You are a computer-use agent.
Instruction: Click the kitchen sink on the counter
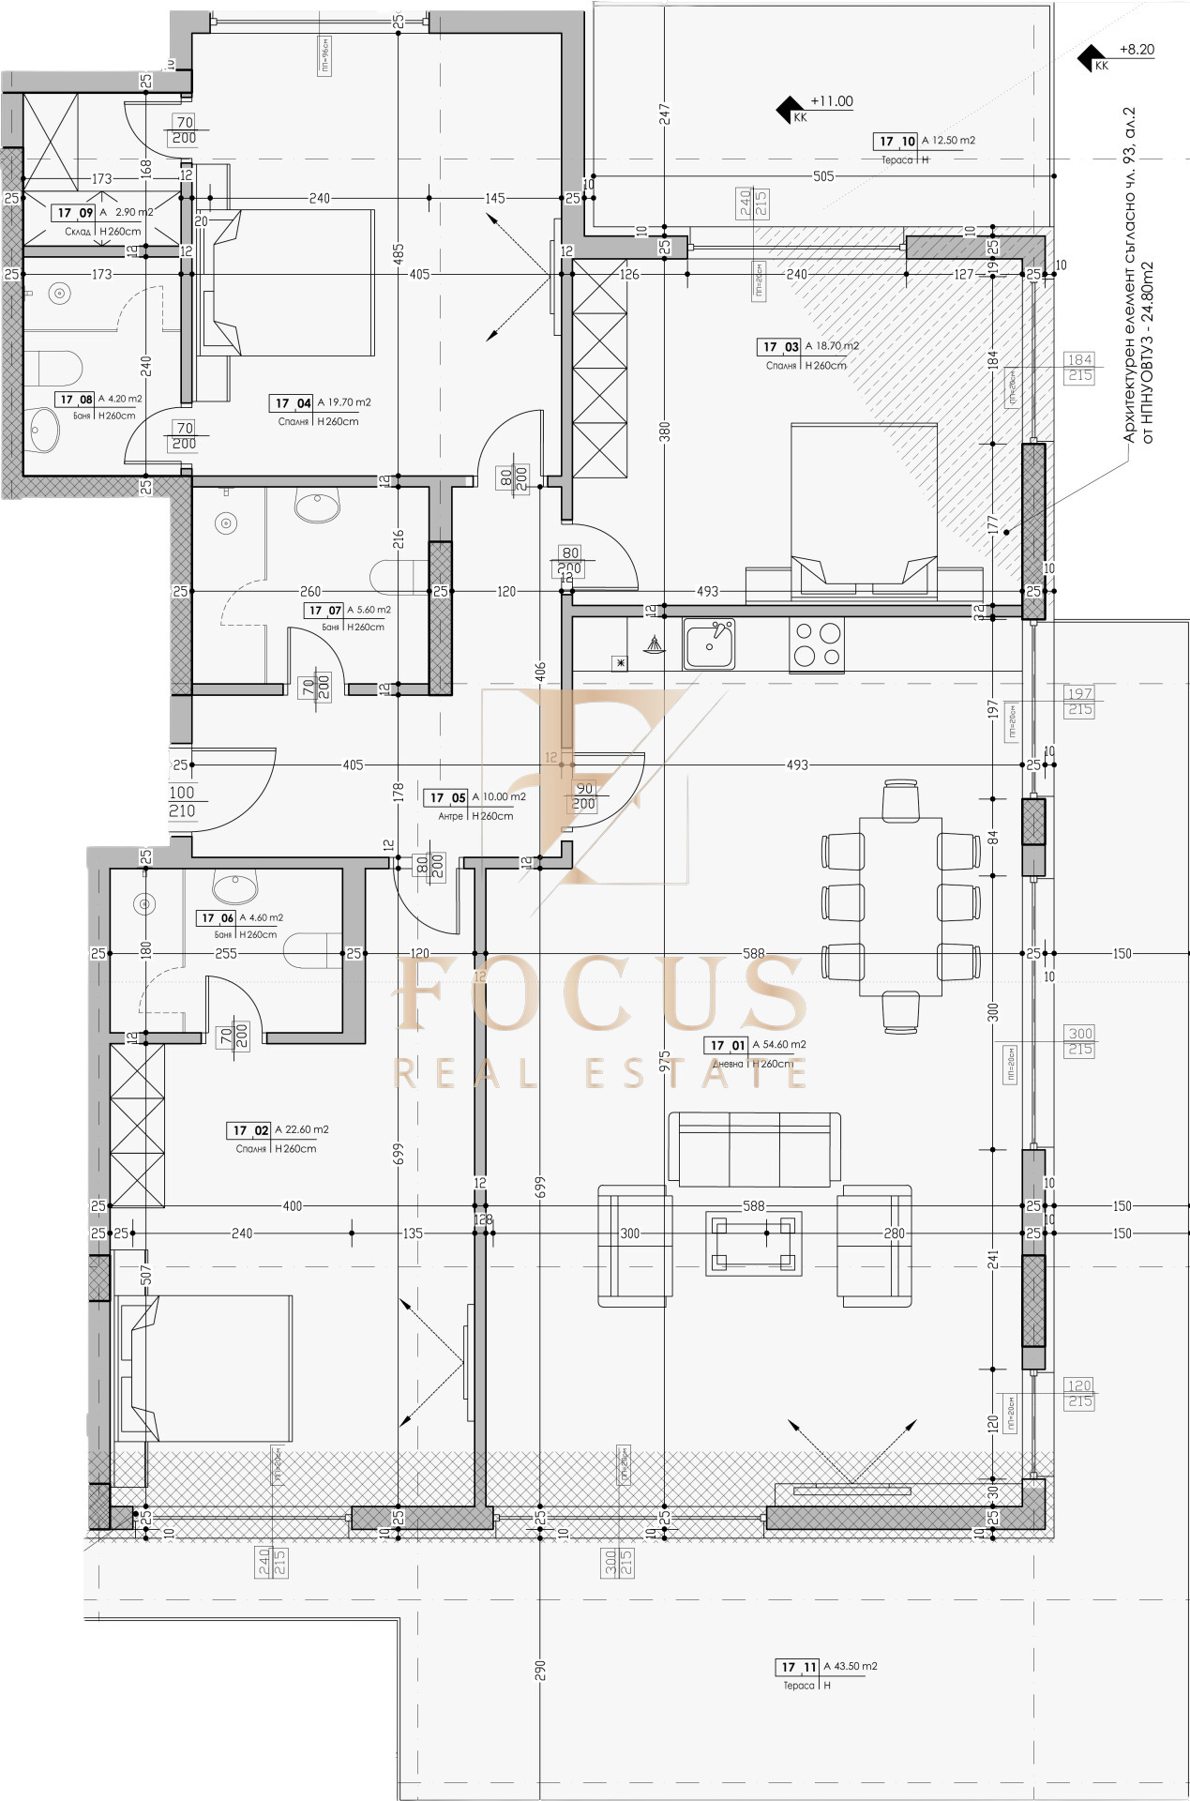[709, 643]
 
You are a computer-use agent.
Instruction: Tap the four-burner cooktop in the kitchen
[817, 644]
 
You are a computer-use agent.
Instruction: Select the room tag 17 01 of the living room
[728, 1045]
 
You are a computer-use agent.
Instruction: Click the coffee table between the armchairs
[754, 1244]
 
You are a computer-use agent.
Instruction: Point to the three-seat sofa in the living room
[754, 1149]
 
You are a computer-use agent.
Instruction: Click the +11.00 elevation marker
[831, 101]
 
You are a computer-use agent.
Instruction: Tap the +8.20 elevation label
[1137, 50]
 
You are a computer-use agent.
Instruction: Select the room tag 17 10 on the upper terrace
[896, 141]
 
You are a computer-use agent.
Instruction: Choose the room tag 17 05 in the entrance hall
[447, 797]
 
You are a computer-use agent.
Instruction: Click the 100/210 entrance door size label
[182, 801]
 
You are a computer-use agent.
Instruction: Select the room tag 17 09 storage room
[73, 213]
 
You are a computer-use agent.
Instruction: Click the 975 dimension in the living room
[664, 1060]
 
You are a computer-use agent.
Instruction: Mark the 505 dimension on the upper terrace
[822, 175]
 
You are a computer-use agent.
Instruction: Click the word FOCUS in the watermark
[600, 994]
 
